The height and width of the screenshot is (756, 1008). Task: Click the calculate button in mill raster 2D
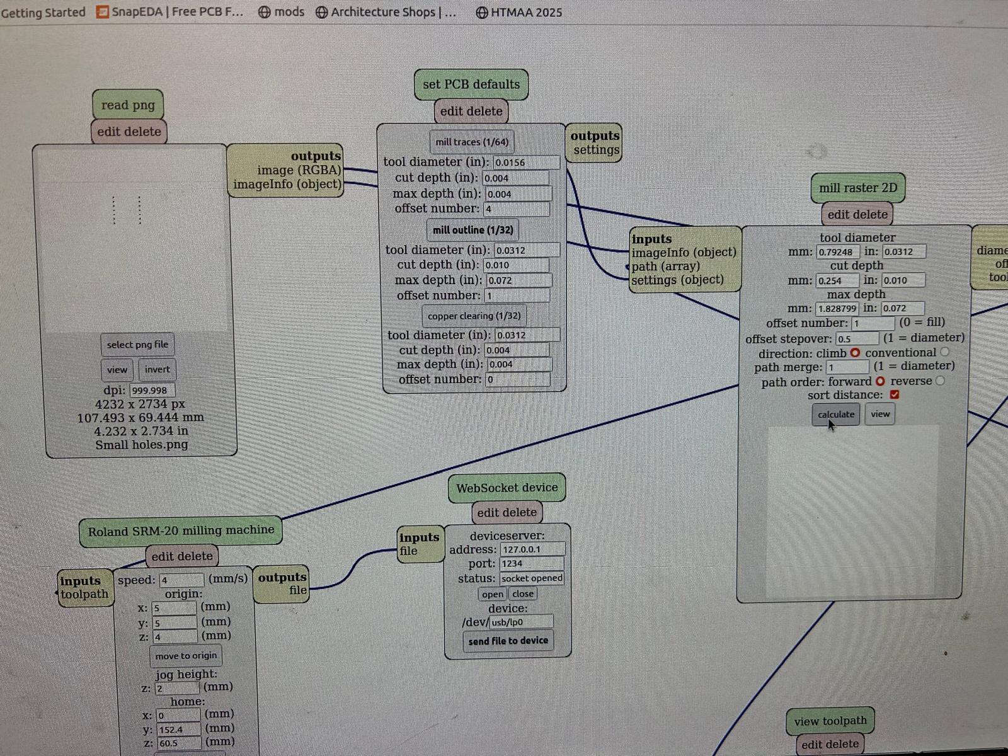pyautogui.click(x=835, y=415)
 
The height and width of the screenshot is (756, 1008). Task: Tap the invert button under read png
pyautogui.click(x=157, y=370)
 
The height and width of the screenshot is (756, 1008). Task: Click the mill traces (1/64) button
pyautogui.click(x=472, y=142)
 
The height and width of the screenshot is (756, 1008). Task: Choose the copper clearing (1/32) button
pyautogui.click(x=474, y=316)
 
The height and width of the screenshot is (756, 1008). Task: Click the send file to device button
pyautogui.click(x=508, y=641)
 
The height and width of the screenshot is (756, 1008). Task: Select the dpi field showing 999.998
pyautogui.click(x=152, y=391)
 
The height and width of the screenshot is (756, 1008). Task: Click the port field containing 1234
pyautogui.click(x=532, y=564)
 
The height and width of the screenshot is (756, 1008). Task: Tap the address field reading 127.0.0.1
pyautogui.click(x=532, y=549)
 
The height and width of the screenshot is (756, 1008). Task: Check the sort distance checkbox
pyautogui.click(x=895, y=395)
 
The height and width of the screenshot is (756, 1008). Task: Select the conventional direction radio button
pyautogui.click(x=944, y=352)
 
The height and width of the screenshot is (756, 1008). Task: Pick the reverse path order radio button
pyautogui.click(x=940, y=381)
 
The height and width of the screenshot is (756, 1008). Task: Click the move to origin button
pyautogui.click(x=186, y=656)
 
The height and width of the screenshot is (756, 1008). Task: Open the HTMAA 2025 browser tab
pyautogui.click(x=519, y=13)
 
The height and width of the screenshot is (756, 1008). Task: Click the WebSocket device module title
pyautogui.click(x=507, y=488)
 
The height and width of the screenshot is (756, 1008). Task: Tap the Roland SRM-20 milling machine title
pyautogui.click(x=181, y=531)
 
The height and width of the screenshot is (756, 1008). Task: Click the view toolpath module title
pyautogui.click(x=830, y=721)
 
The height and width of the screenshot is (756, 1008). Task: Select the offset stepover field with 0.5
pyautogui.click(x=856, y=339)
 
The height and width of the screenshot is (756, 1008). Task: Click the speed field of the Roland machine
pyautogui.click(x=181, y=580)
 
